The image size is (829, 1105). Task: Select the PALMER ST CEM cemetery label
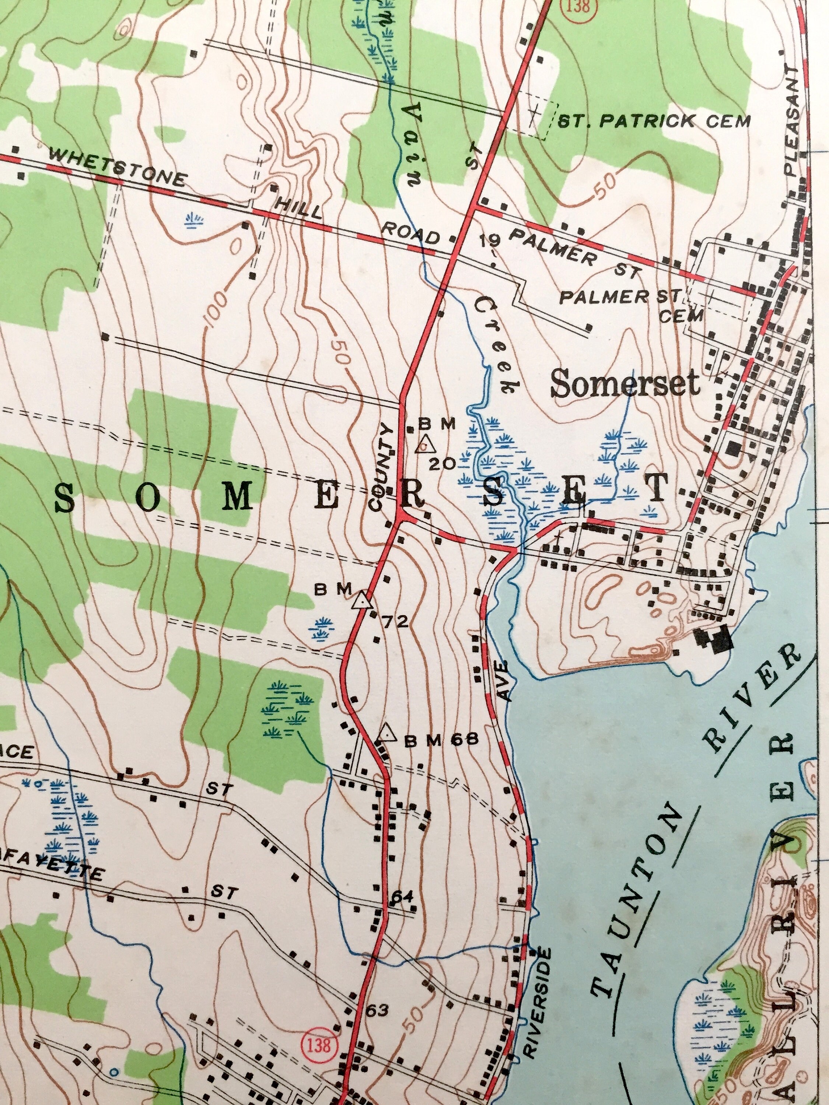click(x=631, y=305)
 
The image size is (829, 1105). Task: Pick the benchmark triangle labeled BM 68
click(x=386, y=734)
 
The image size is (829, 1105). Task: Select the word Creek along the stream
click(x=497, y=345)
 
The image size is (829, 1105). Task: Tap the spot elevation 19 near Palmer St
click(x=490, y=241)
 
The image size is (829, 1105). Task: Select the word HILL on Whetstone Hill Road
click(x=298, y=208)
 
